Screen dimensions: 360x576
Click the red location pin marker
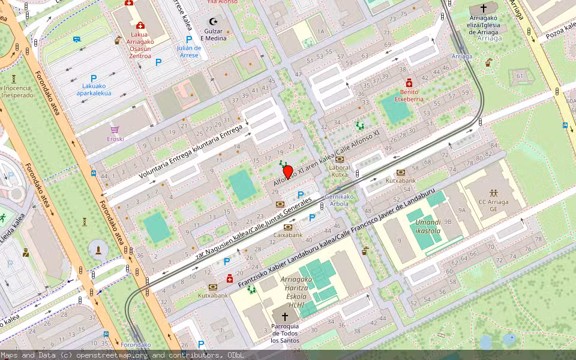(288, 172)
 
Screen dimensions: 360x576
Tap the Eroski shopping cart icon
(115, 129)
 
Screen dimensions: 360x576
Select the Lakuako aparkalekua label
(94, 89)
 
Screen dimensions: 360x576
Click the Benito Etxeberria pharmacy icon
(409, 83)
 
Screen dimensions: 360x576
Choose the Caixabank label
(288, 235)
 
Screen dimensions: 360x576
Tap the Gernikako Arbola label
(339, 200)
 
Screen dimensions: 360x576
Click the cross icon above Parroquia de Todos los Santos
(285, 316)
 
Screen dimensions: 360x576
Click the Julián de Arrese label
(188, 52)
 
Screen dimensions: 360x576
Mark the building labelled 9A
(461, 210)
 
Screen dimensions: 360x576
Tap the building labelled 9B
(448, 221)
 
